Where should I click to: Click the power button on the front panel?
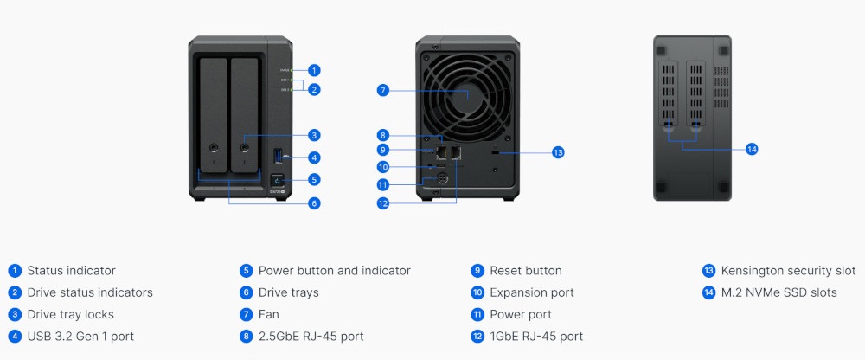click(277, 181)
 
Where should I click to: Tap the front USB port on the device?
click(278, 156)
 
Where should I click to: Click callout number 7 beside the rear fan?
click(383, 91)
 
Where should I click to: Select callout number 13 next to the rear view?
click(558, 152)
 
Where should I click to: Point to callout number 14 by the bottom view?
click(752, 149)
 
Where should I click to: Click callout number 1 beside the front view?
click(314, 70)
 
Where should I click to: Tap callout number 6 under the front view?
click(314, 203)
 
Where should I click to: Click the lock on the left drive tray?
click(214, 147)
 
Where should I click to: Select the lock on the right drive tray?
click(244, 147)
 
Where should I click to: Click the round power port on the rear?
click(442, 179)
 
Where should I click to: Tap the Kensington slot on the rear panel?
click(495, 153)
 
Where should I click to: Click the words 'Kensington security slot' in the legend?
click(788, 271)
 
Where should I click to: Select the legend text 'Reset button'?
click(526, 271)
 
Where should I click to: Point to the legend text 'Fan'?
click(269, 314)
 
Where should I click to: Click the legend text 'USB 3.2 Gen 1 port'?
click(80, 337)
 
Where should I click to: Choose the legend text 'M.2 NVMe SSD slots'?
click(779, 292)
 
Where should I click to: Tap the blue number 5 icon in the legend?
click(246, 271)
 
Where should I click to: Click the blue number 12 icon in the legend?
click(477, 337)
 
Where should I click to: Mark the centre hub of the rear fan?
click(468, 94)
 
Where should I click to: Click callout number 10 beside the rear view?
click(383, 167)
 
